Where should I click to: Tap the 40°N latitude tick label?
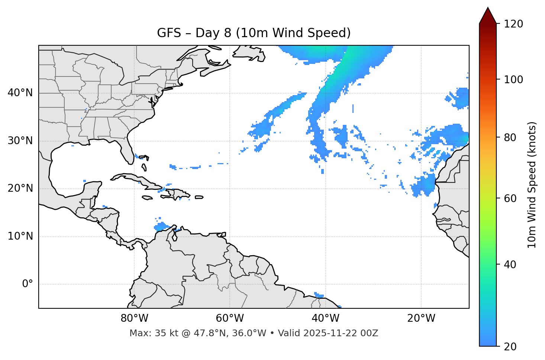pos(20,93)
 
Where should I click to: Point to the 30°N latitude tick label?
pos(20,141)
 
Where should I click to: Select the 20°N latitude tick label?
pos(20,189)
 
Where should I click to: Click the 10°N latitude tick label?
pos(20,236)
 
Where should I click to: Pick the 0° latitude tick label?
pos(28,284)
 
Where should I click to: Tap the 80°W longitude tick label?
pos(134,318)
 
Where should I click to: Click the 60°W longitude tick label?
pos(230,318)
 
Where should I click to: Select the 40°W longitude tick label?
pos(325,318)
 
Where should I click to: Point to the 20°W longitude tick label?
pos(421,318)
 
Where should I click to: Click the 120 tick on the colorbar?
pos(513,24)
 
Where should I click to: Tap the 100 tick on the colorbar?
pos(513,80)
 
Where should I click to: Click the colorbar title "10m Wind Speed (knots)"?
pos(532,185)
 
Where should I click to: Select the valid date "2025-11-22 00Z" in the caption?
pos(341,333)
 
